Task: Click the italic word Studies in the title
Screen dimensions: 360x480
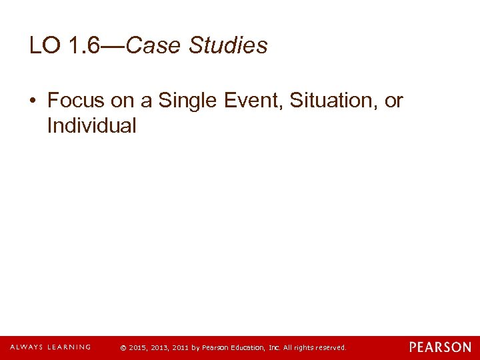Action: click(x=228, y=46)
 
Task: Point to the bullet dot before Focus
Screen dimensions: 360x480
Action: click(x=33, y=101)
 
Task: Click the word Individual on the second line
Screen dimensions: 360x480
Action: click(x=91, y=125)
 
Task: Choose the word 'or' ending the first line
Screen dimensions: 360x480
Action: click(x=394, y=101)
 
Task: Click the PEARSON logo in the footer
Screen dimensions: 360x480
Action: click(x=440, y=347)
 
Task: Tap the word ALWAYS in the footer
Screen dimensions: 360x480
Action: click(x=27, y=347)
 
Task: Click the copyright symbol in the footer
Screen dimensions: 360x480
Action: click(x=123, y=348)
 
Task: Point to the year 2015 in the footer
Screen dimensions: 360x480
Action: click(x=137, y=348)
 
